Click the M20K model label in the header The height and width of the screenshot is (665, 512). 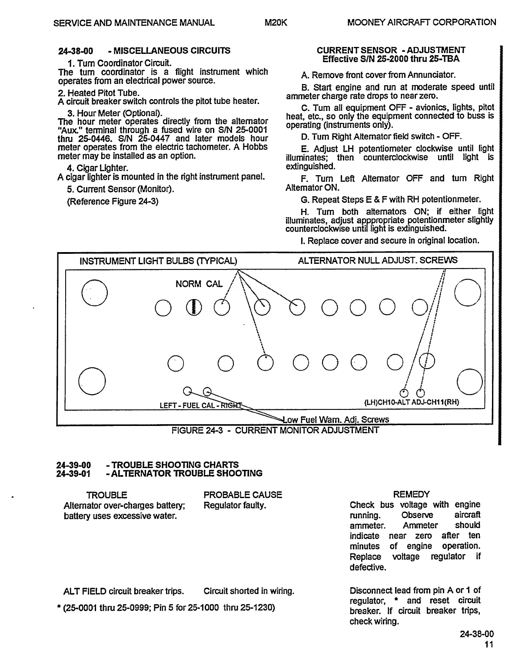(x=276, y=23)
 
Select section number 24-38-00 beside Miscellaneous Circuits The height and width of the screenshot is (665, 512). (x=76, y=51)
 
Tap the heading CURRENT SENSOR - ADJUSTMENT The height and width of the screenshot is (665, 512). (x=391, y=50)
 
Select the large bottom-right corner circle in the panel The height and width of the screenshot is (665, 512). (x=470, y=381)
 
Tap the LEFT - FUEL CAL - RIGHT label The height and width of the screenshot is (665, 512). (x=200, y=406)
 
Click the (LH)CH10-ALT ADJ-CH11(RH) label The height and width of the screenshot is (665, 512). (x=411, y=402)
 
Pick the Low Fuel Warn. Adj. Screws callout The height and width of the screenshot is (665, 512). (x=336, y=419)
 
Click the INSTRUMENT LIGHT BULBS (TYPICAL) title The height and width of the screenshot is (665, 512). (x=158, y=261)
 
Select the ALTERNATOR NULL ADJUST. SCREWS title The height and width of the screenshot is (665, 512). (x=377, y=260)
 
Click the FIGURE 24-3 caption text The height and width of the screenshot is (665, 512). (x=275, y=430)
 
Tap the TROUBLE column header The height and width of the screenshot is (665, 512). (x=106, y=495)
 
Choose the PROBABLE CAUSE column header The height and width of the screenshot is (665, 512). (x=243, y=495)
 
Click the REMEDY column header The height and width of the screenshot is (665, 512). (x=411, y=494)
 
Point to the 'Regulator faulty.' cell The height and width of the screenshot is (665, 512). (x=235, y=505)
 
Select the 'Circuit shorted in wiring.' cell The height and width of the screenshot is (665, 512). (x=249, y=591)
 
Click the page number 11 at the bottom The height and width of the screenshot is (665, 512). (x=489, y=644)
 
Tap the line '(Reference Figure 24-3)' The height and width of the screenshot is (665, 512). (x=113, y=201)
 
